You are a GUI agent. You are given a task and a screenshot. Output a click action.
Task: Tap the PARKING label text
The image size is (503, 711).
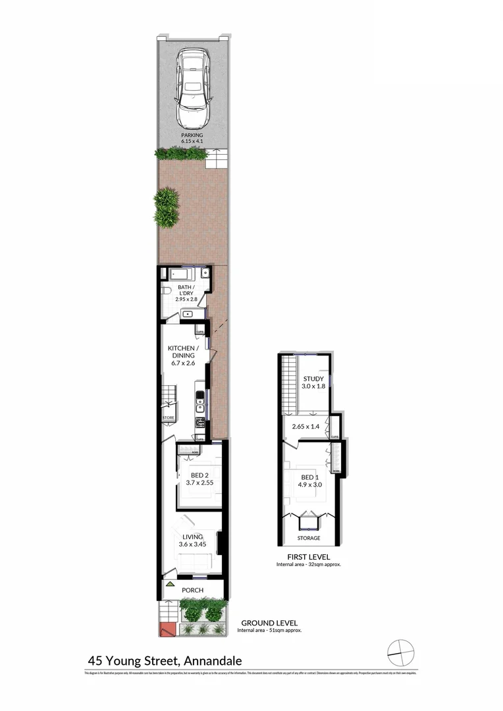(192, 135)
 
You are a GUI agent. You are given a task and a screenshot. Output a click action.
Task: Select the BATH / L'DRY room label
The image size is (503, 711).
(186, 290)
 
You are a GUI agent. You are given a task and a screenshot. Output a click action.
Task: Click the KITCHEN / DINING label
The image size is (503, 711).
(181, 352)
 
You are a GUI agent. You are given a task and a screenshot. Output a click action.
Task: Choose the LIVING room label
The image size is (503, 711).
(193, 537)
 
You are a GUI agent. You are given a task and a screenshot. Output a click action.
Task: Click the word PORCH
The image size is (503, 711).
(193, 590)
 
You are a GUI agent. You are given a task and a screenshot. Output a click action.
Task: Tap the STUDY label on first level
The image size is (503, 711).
(312, 379)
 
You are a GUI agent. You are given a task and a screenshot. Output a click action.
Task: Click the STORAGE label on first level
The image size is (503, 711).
(309, 539)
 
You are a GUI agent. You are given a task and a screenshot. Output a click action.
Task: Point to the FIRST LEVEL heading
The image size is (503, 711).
(308, 556)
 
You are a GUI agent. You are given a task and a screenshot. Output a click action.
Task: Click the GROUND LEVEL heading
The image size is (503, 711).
(269, 622)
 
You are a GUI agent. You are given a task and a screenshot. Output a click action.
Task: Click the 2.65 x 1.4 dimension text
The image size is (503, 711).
(306, 427)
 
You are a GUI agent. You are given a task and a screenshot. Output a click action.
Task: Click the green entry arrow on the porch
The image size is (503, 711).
(170, 584)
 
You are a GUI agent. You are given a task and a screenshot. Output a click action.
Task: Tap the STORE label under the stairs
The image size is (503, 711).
(168, 417)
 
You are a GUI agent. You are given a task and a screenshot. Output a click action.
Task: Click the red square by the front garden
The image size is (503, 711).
(166, 629)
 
